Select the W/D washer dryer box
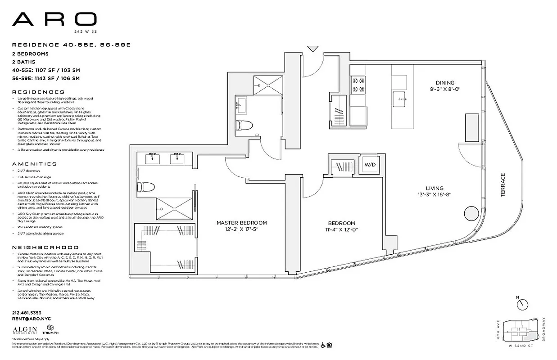(x=370, y=165)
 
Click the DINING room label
(x=444, y=83)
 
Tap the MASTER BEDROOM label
(x=241, y=223)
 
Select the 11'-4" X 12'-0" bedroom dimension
(x=341, y=229)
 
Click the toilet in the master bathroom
(x=145, y=186)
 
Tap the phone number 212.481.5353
(x=27, y=312)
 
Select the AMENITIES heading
(x=35, y=164)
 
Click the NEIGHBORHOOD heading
(x=45, y=247)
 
